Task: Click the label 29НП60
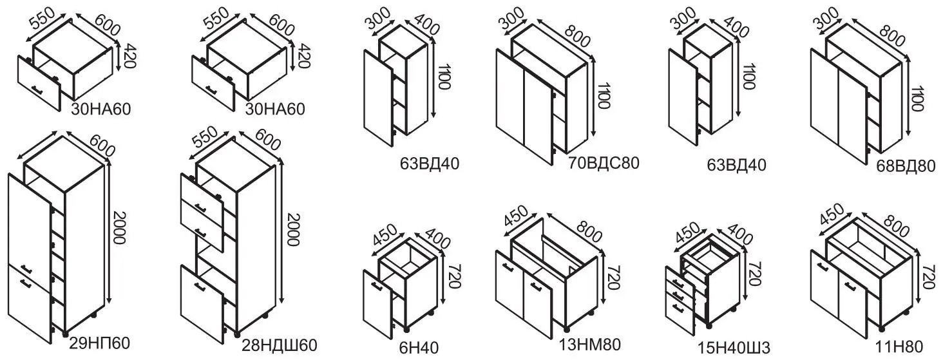[x=100, y=344]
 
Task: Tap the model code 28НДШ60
[x=279, y=346]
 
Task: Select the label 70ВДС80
[x=604, y=163]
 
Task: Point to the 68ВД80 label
[x=906, y=166]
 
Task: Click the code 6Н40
[x=419, y=348]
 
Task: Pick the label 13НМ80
[x=590, y=345]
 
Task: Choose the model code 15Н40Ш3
[x=734, y=348]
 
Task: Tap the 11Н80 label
[x=899, y=347]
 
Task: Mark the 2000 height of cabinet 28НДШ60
[x=293, y=229]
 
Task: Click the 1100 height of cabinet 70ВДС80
[x=604, y=95]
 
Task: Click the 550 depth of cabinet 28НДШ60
[x=204, y=138]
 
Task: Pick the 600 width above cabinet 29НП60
[x=102, y=144]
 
